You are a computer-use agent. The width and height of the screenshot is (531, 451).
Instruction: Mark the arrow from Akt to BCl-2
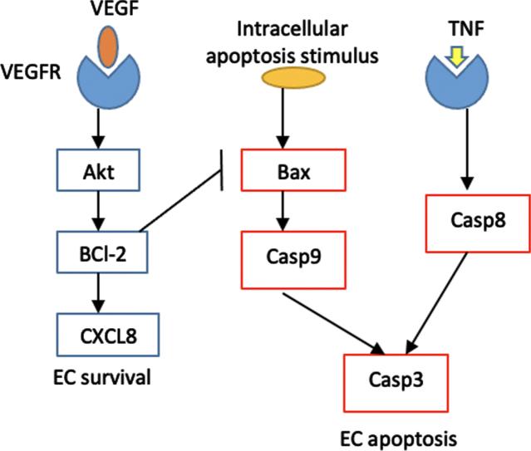point(100,209)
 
